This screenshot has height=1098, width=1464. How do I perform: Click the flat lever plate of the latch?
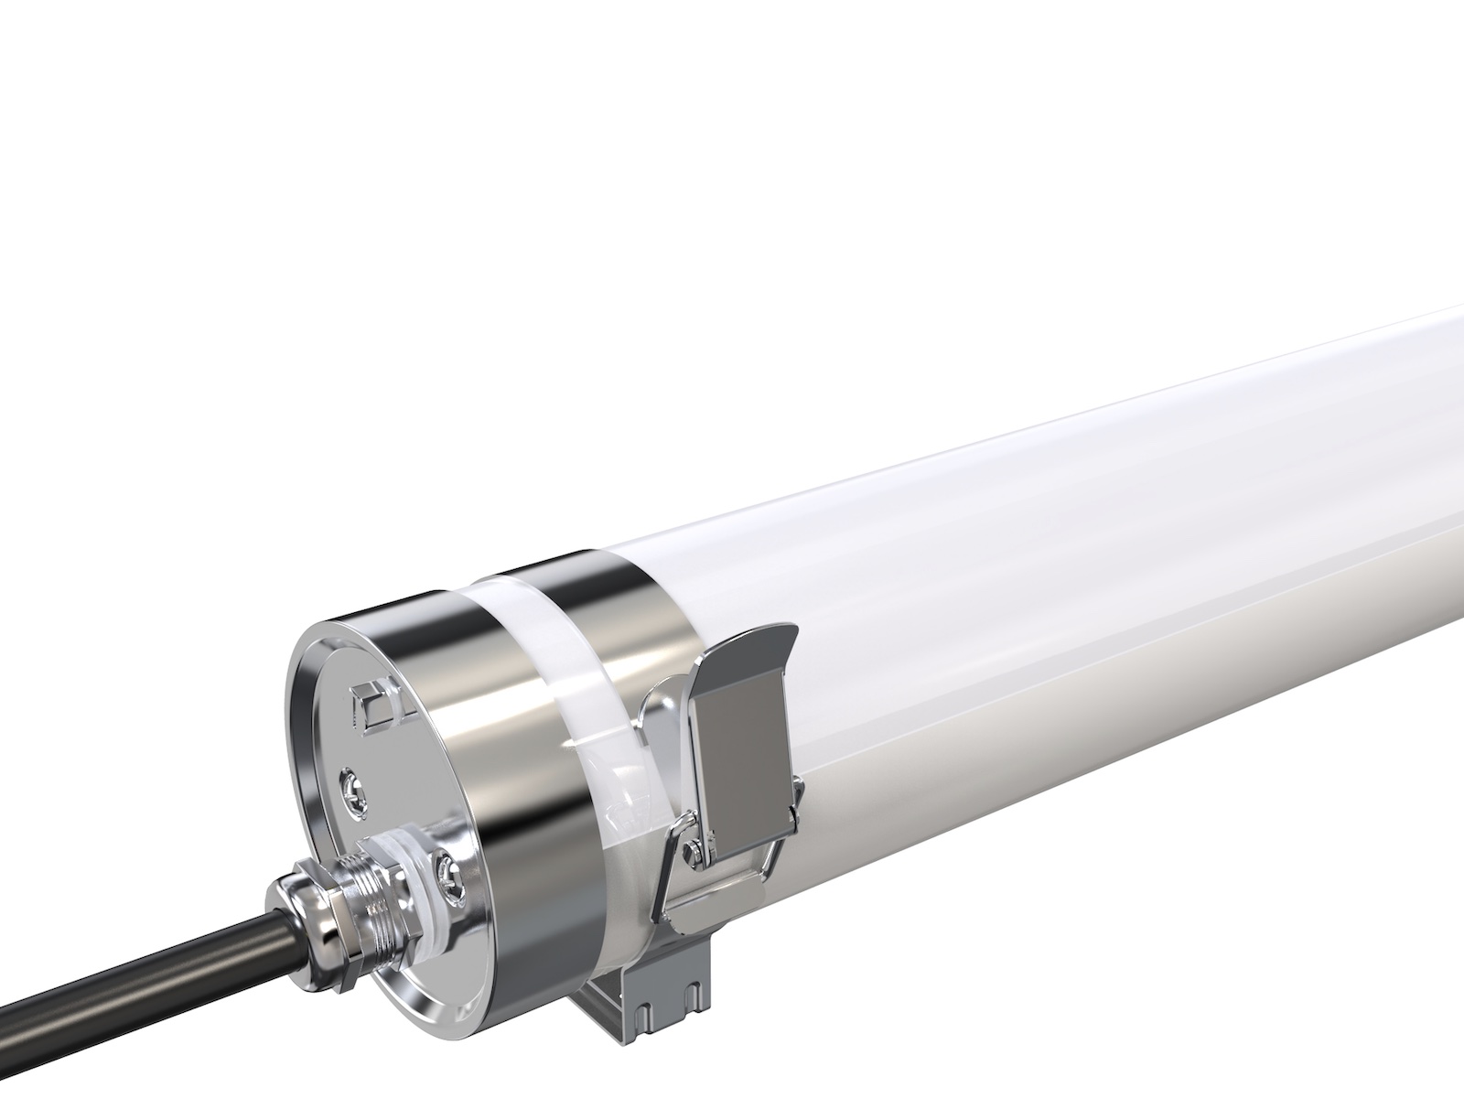point(741,723)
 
